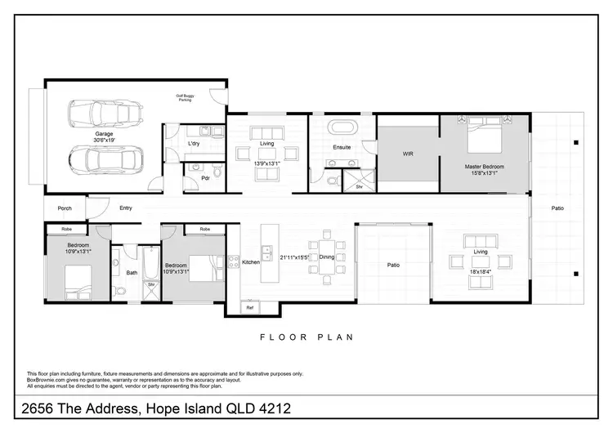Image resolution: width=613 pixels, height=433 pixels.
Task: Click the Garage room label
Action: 103,134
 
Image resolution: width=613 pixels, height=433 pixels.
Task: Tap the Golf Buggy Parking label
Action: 190,97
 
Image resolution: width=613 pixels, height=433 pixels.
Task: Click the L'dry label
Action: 195,145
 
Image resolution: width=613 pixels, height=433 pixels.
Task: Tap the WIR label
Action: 408,154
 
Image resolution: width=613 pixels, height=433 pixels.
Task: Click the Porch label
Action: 65,208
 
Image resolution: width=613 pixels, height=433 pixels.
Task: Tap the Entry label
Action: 125,208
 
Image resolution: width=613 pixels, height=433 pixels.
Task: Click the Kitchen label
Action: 250,262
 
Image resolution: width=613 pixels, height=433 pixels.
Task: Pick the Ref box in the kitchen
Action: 250,307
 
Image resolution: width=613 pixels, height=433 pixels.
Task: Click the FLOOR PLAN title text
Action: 306,337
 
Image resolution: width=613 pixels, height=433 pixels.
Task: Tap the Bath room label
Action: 132,273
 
